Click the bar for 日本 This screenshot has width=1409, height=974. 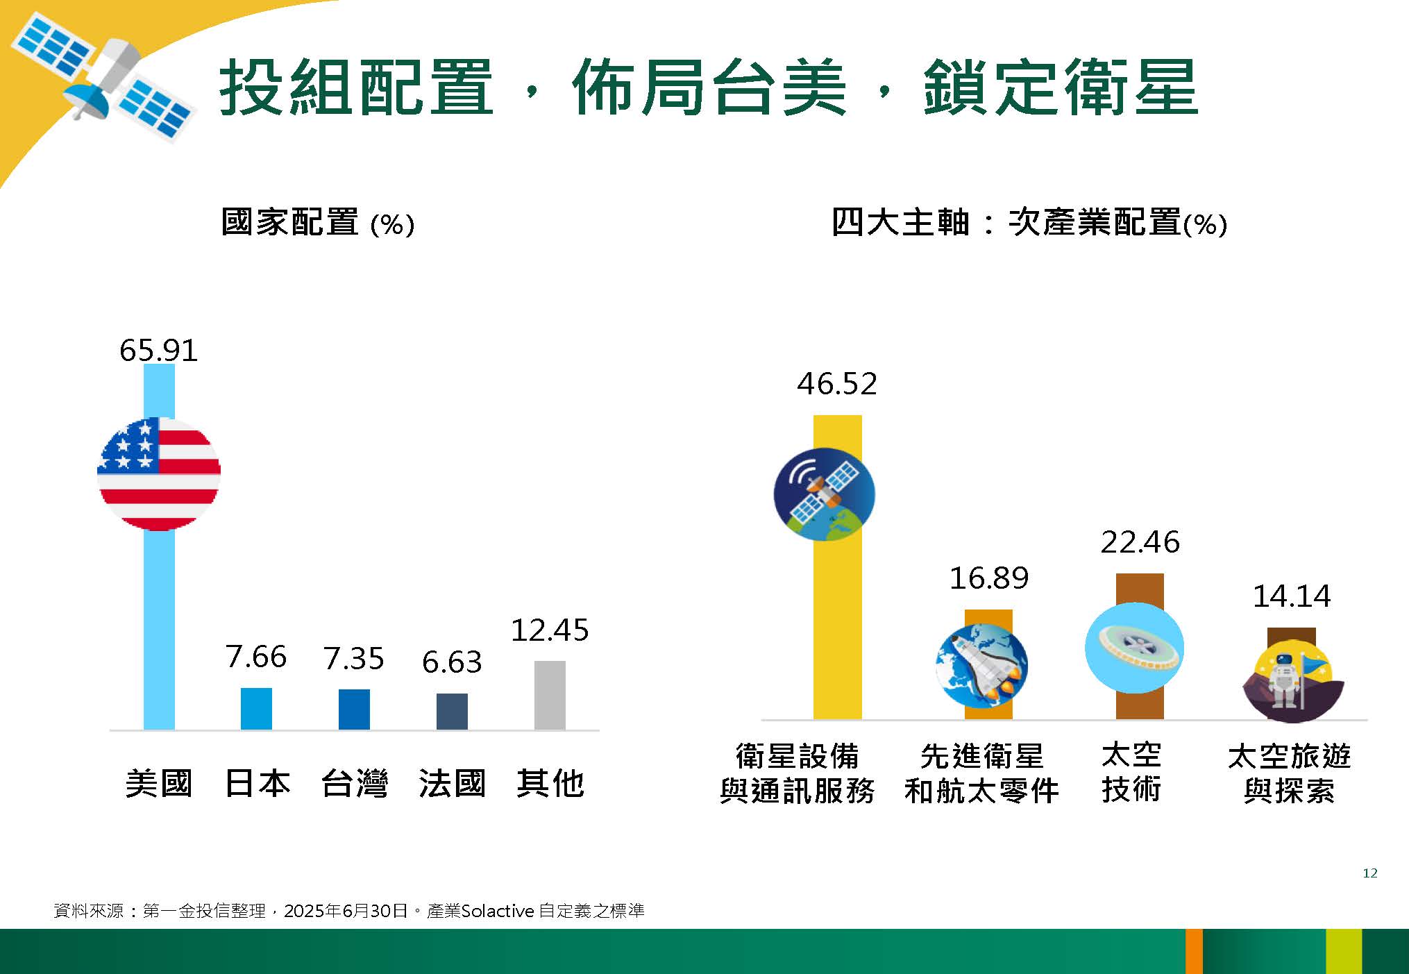coord(256,708)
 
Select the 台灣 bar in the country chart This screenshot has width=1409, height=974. coord(354,709)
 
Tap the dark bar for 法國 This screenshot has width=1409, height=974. coord(452,711)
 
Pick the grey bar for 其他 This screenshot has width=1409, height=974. coord(550,695)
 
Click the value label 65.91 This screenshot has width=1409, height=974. coord(159,350)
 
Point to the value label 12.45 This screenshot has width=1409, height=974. coord(550,630)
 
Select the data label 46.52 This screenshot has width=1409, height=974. coord(837,384)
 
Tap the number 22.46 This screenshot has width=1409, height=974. coord(1140,542)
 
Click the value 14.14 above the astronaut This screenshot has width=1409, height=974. coord(1292,596)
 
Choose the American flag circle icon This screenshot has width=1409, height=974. coord(159,473)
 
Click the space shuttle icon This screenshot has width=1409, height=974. coord(981,664)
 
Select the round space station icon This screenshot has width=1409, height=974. coord(1134,648)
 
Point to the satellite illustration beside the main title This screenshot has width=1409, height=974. coord(103,78)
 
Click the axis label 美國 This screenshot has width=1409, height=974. coord(159,784)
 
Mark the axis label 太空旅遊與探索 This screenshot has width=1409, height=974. coord(1289,773)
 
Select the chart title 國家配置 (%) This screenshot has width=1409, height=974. coord(318,223)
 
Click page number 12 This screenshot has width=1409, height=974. coord(1370,873)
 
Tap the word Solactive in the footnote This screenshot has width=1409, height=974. coord(498,911)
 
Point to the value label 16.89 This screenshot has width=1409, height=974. coord(988,578)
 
